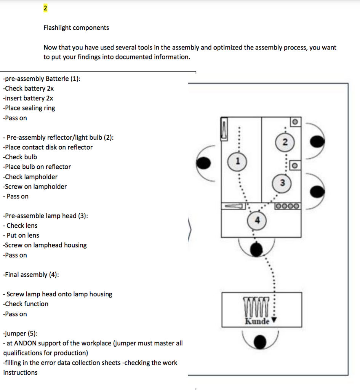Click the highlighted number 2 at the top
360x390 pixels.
(x=45, y=8)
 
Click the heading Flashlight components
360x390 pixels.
(x=76, y=28)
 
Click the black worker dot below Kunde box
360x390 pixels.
(x=261, y=342)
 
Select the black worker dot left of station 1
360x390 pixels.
(x=203, y=163)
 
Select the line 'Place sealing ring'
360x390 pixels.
(x=29, y=108)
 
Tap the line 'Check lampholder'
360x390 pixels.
(x=30, y=177)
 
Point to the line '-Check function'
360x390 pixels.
(x=26, y=304)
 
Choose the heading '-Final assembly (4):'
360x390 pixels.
(x=30, y=275)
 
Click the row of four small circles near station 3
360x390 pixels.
(x=288, y=206)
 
